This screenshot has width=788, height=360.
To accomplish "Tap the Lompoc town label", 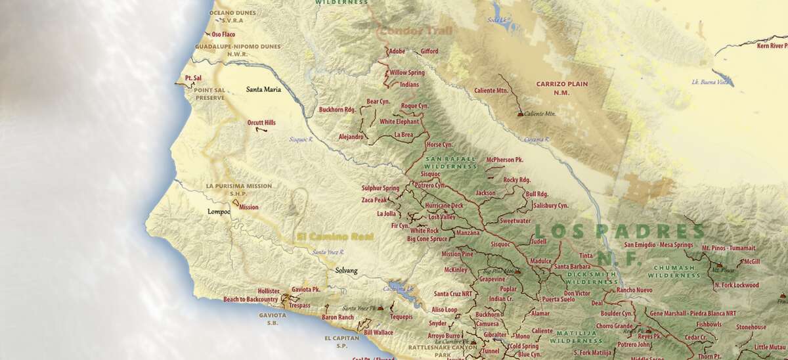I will (219, 212).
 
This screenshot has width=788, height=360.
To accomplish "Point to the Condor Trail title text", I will (406, 30).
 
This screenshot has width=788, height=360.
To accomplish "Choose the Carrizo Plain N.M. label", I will (561, 88).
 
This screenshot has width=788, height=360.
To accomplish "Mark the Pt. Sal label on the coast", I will (192, 78).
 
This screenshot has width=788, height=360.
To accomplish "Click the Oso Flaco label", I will (223, 34).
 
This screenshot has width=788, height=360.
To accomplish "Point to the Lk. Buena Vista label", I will (711, 82).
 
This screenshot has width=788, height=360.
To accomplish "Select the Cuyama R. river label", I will (537, 139).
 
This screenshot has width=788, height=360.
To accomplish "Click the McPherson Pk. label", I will (504, 160).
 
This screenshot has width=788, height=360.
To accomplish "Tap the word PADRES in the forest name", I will (649, 231).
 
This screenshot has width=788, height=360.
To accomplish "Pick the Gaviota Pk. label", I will (305, 289).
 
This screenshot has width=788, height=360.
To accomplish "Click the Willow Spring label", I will (407, 72).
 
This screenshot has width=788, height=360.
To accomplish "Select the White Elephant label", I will (399, 122).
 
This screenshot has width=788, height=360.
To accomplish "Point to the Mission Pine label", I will (457, 254).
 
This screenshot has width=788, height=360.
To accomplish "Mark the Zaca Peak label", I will (374, 200).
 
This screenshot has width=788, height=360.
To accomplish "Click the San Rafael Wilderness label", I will (450, 162).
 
